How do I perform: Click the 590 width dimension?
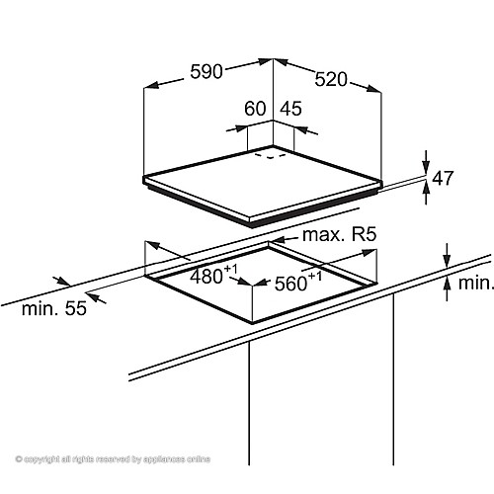click(x=206, y=71)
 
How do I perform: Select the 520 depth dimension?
click(x=331, y=79)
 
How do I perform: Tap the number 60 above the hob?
click(x=255, y=109)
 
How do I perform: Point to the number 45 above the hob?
click(x=290, y=109)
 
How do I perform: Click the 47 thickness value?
click(x=443, y=178)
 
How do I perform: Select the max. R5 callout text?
click(x=339, y=235)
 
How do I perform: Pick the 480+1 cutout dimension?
click(x=213, y=275)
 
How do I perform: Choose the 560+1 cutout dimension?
click(x=298, y=282)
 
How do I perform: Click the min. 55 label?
click(x=54, y=308)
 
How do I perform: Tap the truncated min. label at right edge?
click(x=475, y=283)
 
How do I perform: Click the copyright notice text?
click(x=113, y=459)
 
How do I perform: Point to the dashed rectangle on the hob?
click(x=271, y=156)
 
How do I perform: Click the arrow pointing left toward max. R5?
click(x=286, y=239)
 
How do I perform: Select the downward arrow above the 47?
click(x=427, y=161)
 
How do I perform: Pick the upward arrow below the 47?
click(x=427, y=194)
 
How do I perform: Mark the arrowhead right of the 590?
click(x=265, y=61)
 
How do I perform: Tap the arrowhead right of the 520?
click(x=374, y=89)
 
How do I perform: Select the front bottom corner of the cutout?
click(x=252, y=322)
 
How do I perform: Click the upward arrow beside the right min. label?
click(x=447, y=288)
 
